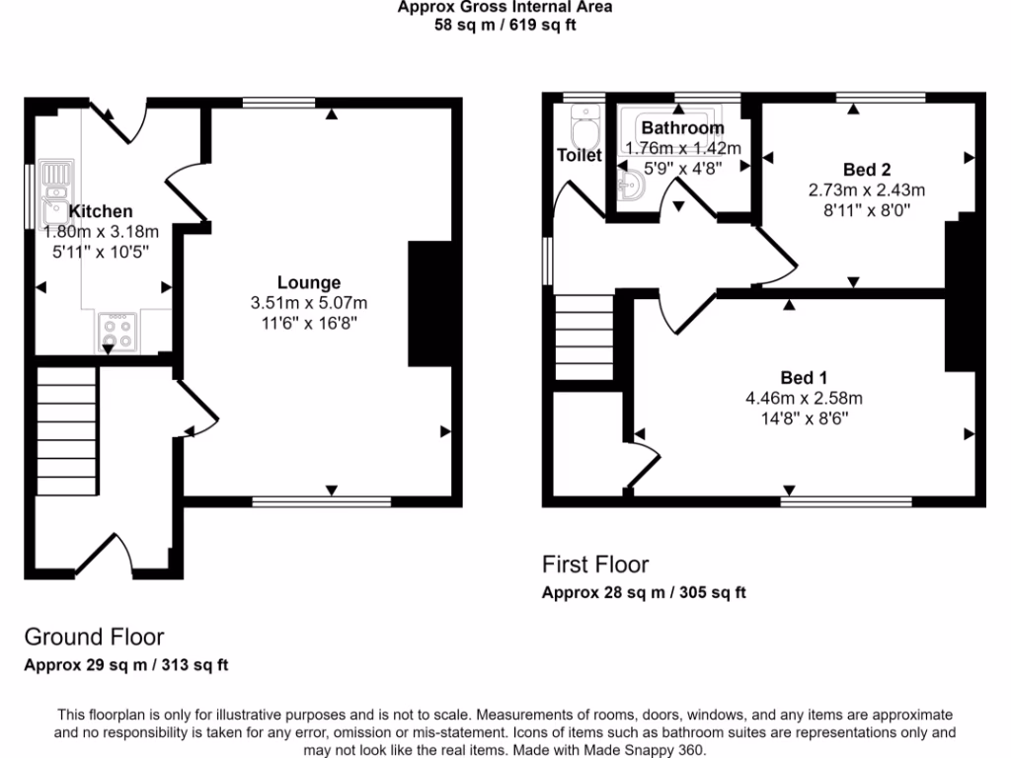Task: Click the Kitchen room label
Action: [x=101, y=211]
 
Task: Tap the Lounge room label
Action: [x=309, y=283]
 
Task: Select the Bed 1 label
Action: [x=804, y=378]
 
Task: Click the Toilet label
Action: [x=579, y=155]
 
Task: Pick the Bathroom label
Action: [x=682, y=128]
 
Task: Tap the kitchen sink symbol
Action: [x=55, y=193]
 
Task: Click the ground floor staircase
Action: [x=68, y=424]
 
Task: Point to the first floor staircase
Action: [x=584, y=338]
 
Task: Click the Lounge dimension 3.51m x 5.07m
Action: [x=309, y=302]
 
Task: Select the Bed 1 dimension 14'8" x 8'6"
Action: [x=804, y=417]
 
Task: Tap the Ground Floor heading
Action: [x=94, y=637]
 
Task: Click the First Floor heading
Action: [x=595, y=565]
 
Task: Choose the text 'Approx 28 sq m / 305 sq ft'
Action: [x=644, y=593]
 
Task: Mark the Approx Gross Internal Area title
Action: [x=505, y=7]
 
